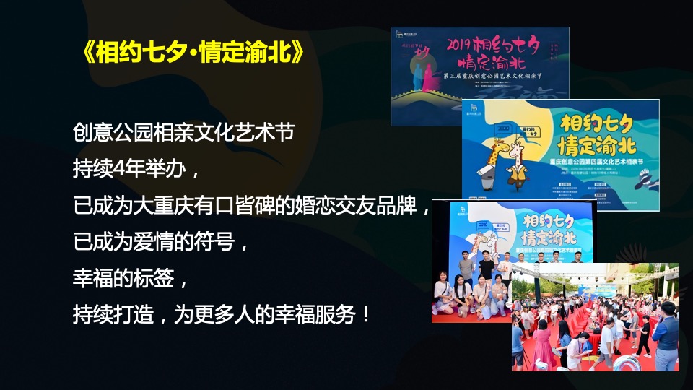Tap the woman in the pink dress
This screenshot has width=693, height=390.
tap(542, 343)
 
